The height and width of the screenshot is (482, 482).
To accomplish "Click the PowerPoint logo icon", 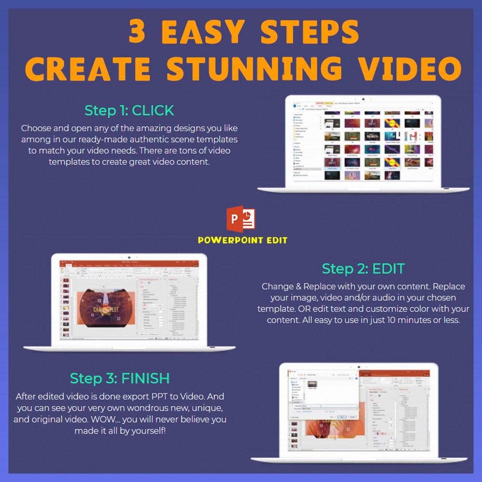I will coord(241,219).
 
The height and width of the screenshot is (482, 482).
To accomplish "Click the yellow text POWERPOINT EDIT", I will coord(242,240).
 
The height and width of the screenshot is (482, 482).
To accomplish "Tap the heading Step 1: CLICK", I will coord(129,110).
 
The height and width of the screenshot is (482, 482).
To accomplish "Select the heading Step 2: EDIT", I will coord(363,268).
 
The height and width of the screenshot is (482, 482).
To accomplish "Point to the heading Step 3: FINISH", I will coord(120,378).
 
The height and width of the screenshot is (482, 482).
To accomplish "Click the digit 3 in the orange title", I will coord(137,32).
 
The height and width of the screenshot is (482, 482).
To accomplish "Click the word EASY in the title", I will coord(203,32).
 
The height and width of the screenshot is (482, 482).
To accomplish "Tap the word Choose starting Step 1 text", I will coord(35,128).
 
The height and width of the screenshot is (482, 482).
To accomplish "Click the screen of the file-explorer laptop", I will coord(363,142).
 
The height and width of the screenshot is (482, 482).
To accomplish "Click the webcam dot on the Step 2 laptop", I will coord(129,257).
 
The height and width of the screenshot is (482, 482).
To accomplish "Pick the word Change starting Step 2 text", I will coord(277,286).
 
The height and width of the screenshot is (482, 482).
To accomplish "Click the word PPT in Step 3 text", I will coord(156,397).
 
